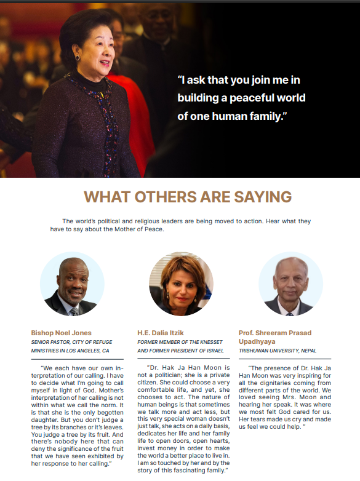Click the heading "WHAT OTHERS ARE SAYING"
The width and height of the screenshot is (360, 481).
click(x=188, y=197)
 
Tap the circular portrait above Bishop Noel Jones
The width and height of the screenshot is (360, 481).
click(x=72, y=284)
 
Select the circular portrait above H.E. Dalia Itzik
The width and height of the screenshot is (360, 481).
click(x=181, y=284)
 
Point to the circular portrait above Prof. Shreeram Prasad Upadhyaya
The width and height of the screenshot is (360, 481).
click(x=290, y=284)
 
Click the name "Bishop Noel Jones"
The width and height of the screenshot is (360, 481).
click(x=61, y=333)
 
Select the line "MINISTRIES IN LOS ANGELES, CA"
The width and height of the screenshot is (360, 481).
click(x=70, y=351)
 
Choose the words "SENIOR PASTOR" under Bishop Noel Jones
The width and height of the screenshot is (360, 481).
click(x=50, y=342)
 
